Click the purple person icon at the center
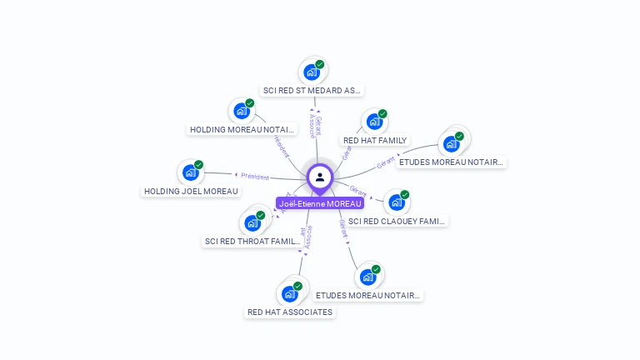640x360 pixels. tap(320, 177)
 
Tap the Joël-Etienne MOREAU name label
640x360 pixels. tap(320, 203)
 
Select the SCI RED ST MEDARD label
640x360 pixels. tap(312, 90)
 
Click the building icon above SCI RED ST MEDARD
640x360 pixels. tap(312, 72)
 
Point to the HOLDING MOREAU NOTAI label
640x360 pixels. tap(242, 129)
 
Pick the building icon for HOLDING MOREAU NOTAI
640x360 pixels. tap(242, 111)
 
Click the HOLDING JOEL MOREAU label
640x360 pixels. tap(192, 191)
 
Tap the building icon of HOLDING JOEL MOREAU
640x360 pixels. tap(191, 172)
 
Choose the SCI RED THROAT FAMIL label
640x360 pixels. tap(252, 242)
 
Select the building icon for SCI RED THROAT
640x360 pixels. tap(252, 223)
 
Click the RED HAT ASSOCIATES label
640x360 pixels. tap(290, 312)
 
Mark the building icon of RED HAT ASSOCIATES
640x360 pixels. tap(289, 293)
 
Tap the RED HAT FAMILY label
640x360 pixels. tap(375, 140)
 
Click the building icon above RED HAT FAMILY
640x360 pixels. tap(374, 122)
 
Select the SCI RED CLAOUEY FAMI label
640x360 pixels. tap(397, 221)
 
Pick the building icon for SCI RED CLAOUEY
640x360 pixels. tap(396, 202)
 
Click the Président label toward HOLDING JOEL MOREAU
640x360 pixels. tap(255, 176)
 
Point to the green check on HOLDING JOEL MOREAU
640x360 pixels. tap(198, 165)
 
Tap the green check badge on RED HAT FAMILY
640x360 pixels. tap(382, 114)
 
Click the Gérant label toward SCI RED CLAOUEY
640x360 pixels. tap(358, 192)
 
